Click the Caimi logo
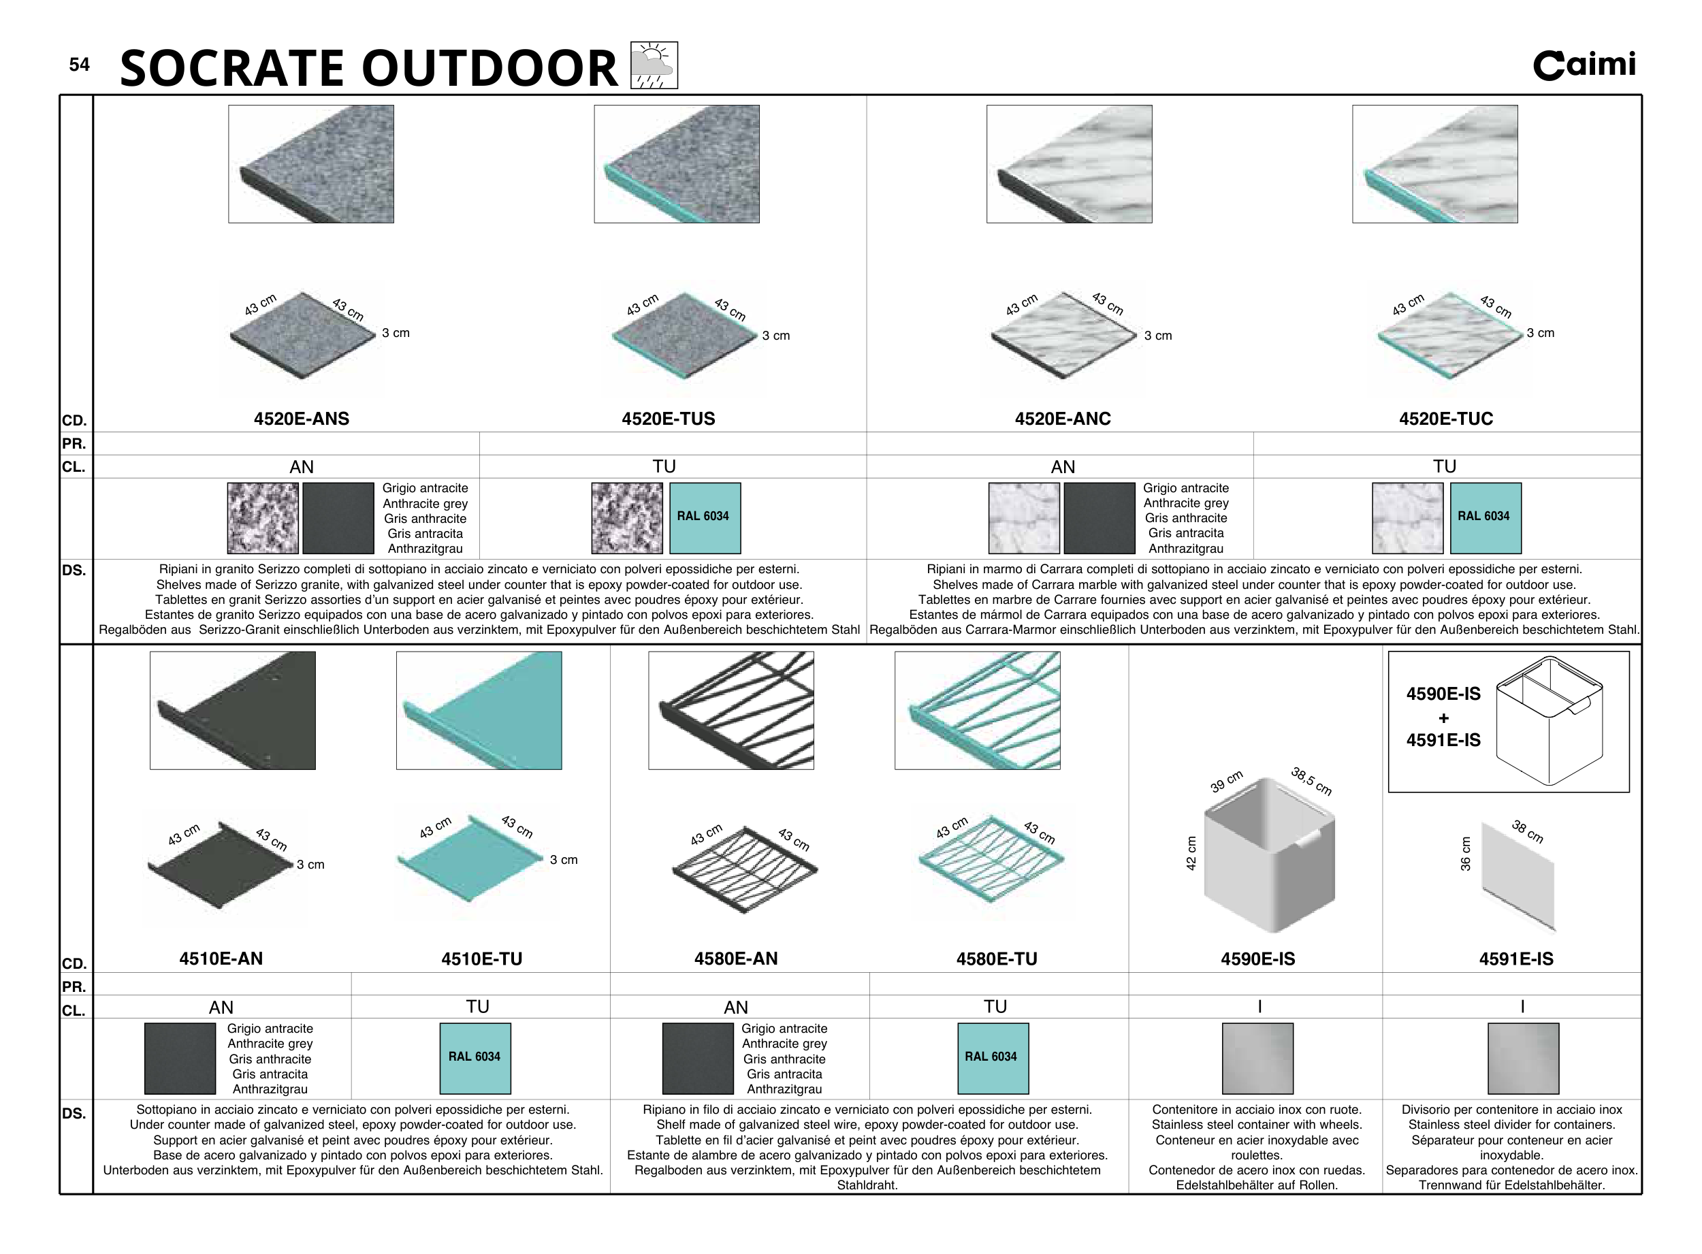1584,65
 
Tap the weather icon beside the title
654,65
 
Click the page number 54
79,65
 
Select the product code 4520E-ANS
302,419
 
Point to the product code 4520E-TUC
1445,419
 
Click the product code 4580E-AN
736,959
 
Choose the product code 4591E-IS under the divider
1515,959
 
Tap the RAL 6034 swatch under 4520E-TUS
705,517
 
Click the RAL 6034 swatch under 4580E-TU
992,1058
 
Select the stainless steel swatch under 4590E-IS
1257,1058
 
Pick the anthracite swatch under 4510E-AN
180,1058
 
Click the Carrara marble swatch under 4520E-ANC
1023,517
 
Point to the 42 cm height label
1190,852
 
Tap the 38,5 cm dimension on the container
1311,781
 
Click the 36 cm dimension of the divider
1465,853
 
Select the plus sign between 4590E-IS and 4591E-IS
1443,718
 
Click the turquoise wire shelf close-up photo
977,711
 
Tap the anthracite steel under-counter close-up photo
232,711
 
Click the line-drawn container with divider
1549,720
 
